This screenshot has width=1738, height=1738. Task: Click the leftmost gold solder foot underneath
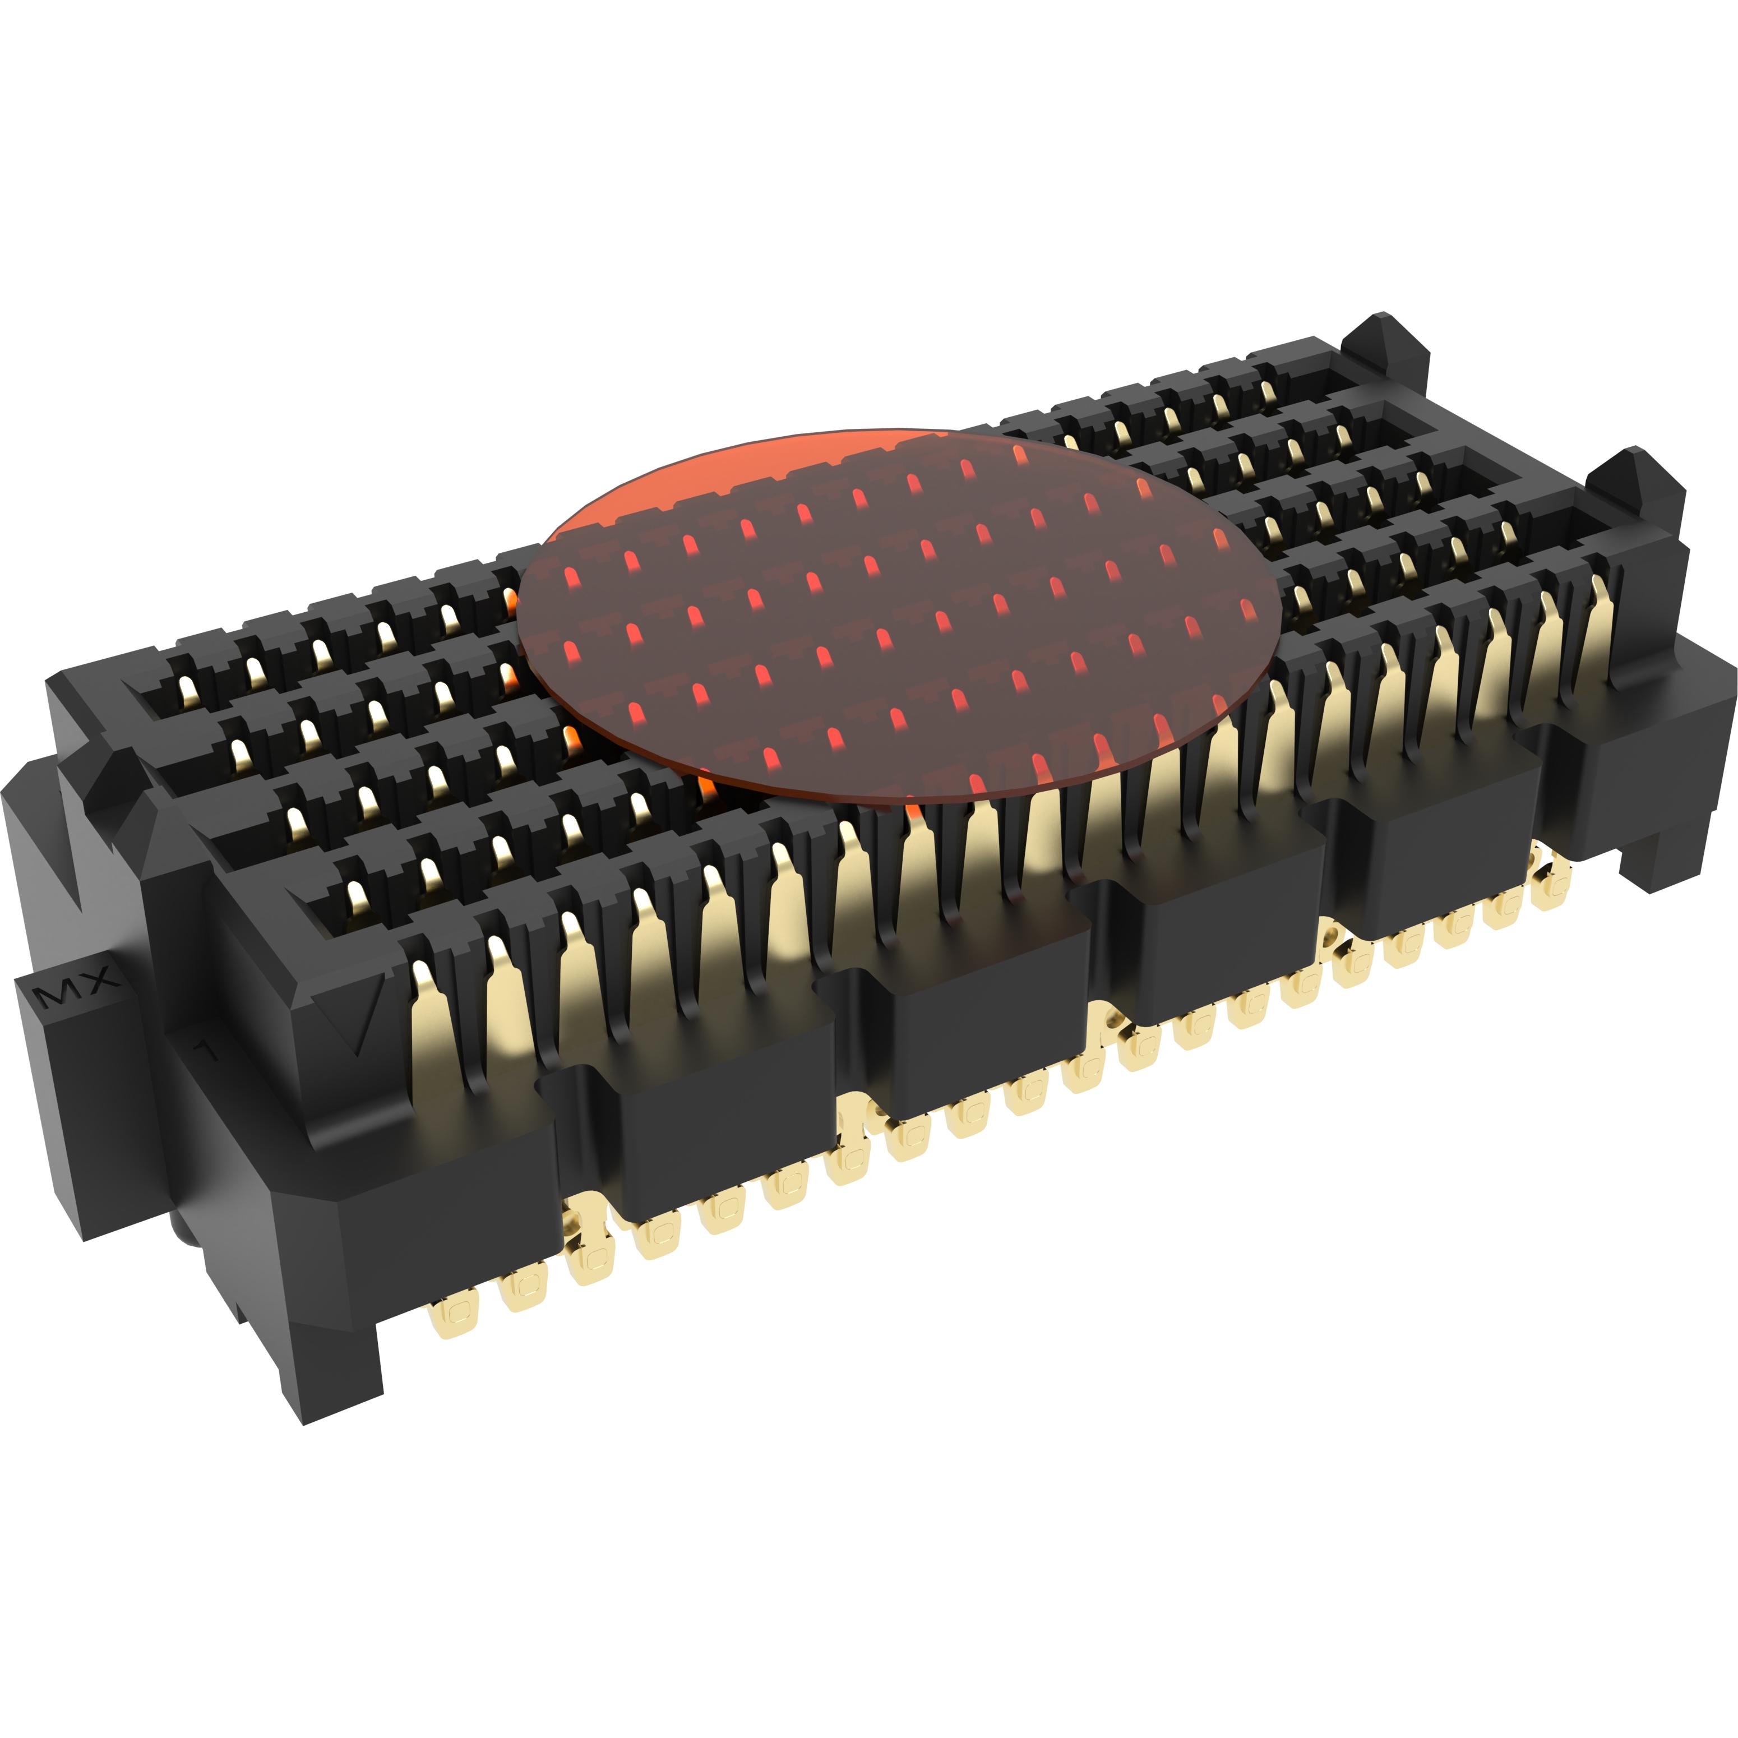[x=451, y=1319]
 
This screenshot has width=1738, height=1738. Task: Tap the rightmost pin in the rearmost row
[x=1268, y=393]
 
